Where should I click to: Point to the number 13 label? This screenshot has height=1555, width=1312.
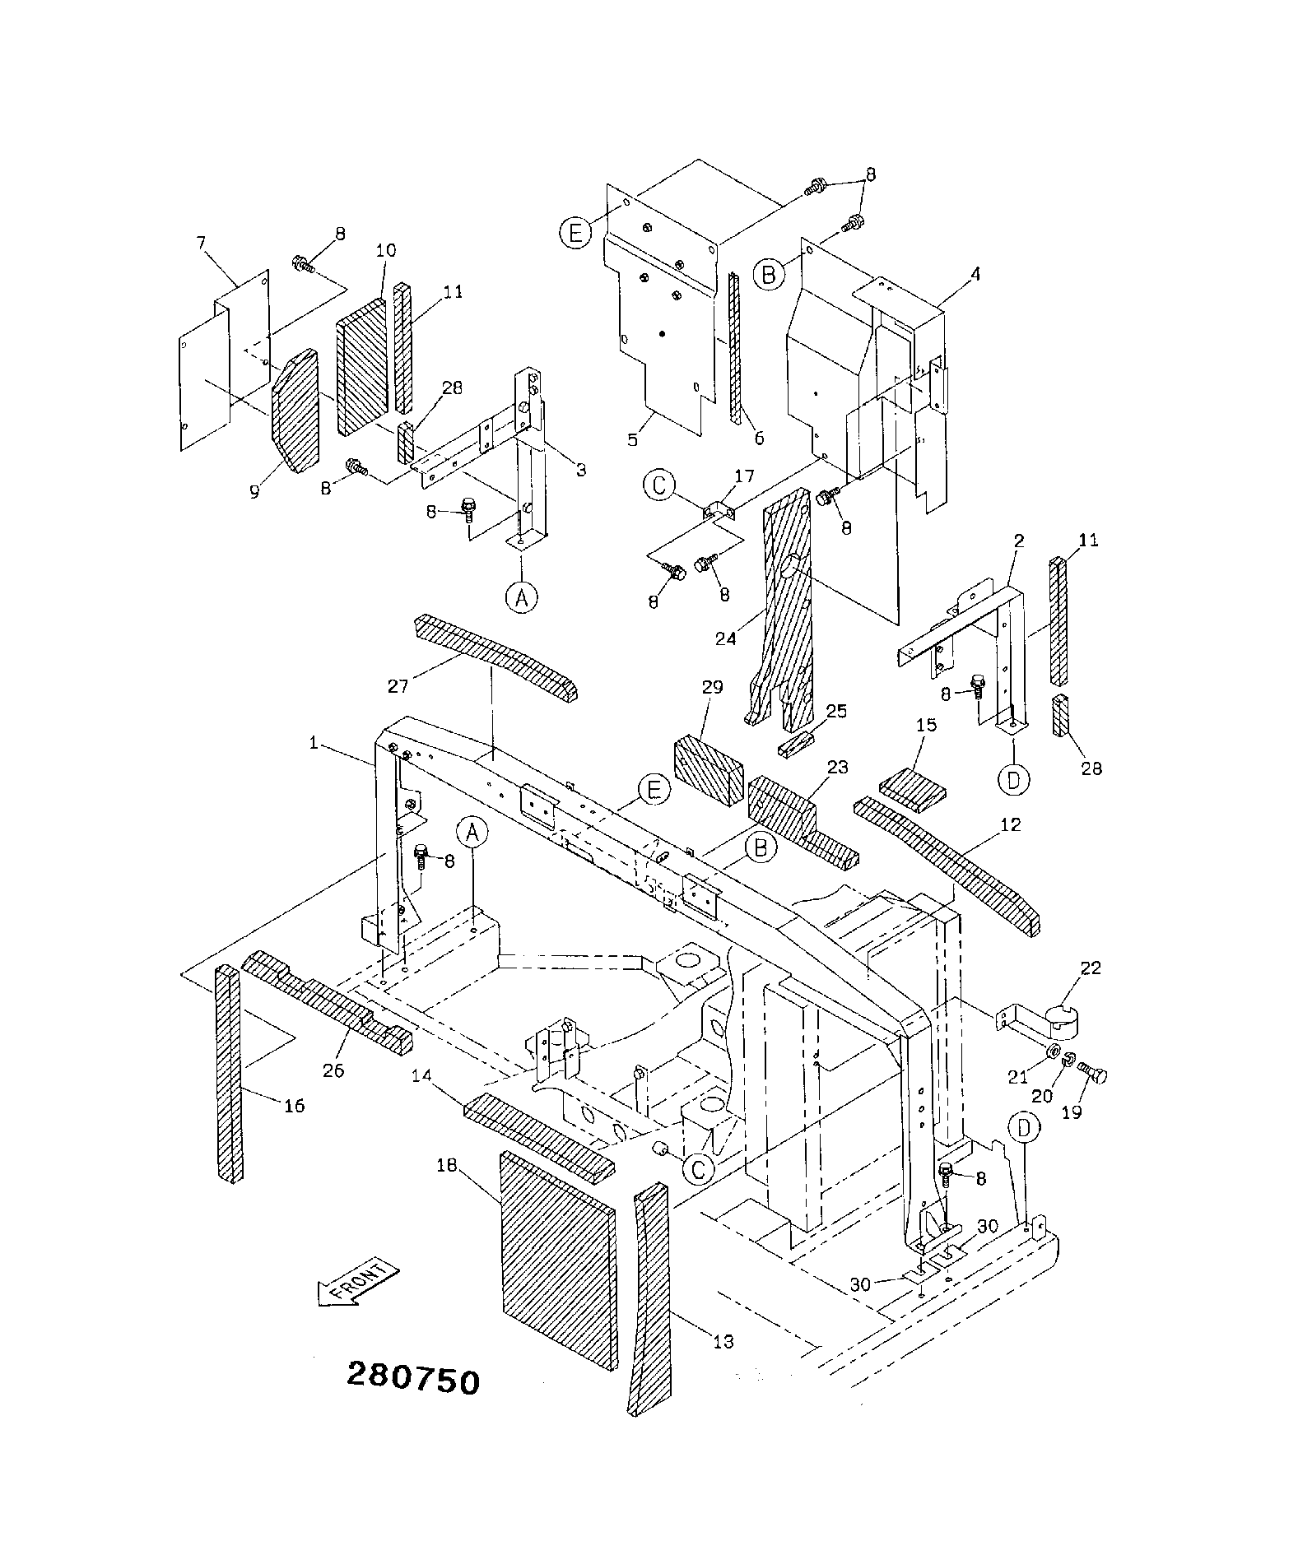tap(723, 1342)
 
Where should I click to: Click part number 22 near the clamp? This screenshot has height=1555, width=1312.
tap(1091, 968)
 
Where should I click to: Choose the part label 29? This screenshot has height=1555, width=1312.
tap(712, 687)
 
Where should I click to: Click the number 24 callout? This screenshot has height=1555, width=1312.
tap(725, 638)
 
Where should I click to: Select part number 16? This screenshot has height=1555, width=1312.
tap(294, 1106)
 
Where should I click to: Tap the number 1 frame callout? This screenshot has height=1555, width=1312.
tap(313, 742)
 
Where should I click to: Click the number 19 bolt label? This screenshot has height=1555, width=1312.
tap(1072, 1112)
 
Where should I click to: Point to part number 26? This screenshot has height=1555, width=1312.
tap(333, 1070)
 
